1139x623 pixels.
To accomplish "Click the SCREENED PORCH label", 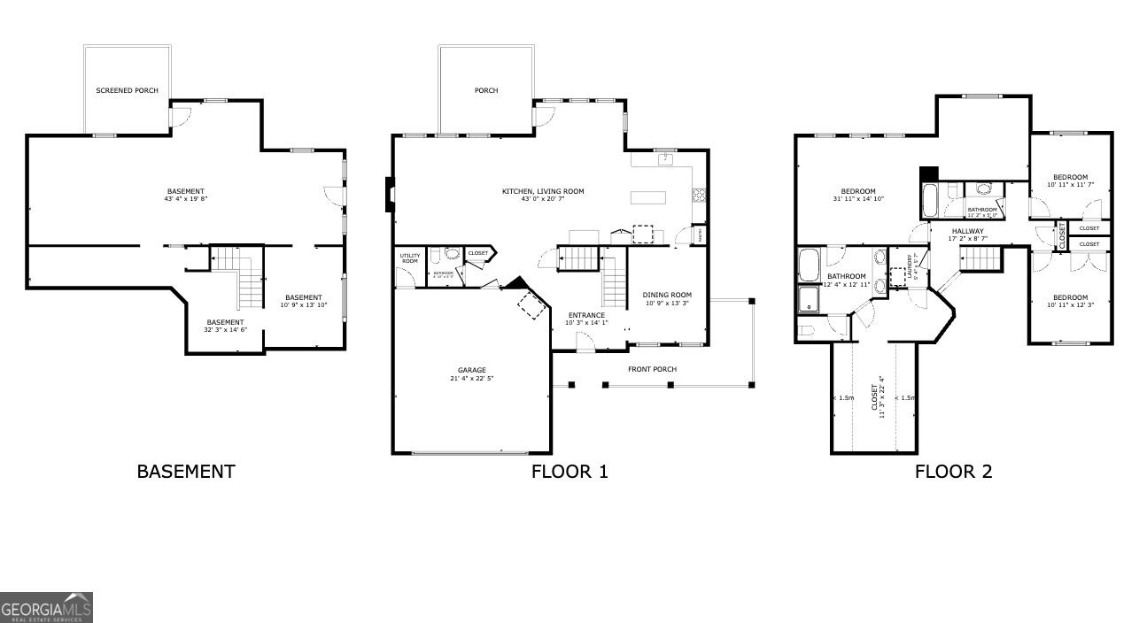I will [x=127, y=90].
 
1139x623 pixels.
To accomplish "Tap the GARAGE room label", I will [x=471, y=370].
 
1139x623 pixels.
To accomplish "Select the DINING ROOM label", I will [x=667, y=295].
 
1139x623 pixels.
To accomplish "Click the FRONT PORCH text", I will [x=652, y=369].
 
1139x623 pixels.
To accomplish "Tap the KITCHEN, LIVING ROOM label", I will [x=543, y=191].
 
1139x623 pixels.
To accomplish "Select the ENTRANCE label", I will [x=586, y=315].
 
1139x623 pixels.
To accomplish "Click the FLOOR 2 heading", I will [x=953, y=472].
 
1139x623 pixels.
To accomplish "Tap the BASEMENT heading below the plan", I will [x=186, y=472].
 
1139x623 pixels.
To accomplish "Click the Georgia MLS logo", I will [x=46, y=608].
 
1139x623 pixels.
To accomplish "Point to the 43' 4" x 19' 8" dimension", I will [x=185, y=200].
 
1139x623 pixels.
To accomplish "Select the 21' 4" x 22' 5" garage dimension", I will [x=471, y=379].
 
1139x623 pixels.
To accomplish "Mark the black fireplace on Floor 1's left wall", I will [x=388, y=196].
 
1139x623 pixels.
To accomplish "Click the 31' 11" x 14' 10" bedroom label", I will [x=857, y=200].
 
